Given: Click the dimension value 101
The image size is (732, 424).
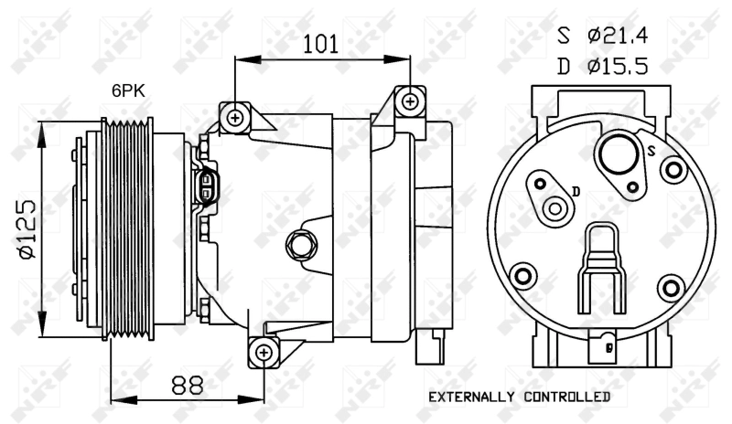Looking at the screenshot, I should click(x=321, y=42).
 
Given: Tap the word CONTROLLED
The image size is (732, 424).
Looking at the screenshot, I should click(x=565, y=397).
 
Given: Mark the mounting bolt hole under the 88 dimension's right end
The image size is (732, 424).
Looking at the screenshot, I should click(x=264, y=352).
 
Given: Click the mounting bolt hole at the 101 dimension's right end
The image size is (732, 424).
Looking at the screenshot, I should click(x=410, y=100).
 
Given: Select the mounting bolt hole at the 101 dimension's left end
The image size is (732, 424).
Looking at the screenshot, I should click(x=236, y=117).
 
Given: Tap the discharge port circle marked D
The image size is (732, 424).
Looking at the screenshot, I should click(x=554, y=209).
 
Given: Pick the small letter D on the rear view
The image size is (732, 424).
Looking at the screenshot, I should click(x=576, y=190).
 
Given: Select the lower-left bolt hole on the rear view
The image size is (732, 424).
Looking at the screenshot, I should click(x=524, y=277).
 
